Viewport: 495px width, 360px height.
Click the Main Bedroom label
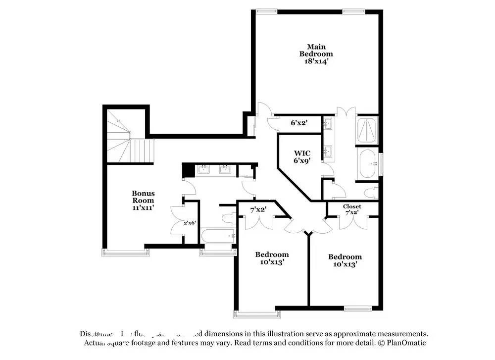click(x=316, y=50)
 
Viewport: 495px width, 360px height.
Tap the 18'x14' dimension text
click(x=316, y=62)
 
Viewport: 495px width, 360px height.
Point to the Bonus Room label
click(x=143, y=197)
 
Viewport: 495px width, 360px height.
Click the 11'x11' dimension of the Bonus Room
click(x=143, y=208)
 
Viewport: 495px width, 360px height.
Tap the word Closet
click(x=352, y=206)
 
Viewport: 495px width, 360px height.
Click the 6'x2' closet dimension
click(x=299, y=123)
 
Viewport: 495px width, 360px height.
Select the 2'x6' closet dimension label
click(x=190, y=223)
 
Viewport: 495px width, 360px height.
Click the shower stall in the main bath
click(x=367, y=130)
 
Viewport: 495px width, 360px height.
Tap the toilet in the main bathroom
click(x=370, y=192)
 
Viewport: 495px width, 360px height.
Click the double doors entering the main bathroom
click(x=345, y=110)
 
